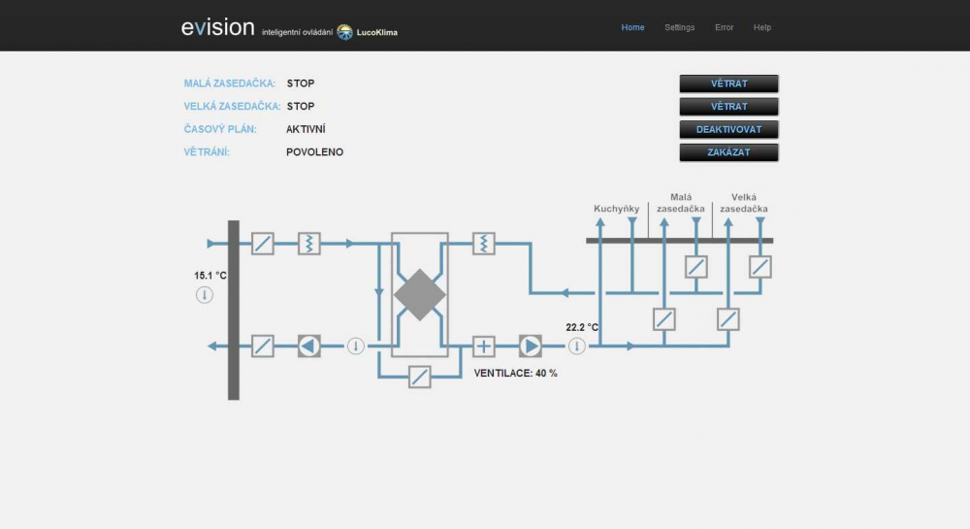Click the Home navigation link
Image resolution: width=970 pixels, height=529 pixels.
(x=632, y=27)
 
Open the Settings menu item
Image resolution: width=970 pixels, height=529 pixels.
(x=679, y=27)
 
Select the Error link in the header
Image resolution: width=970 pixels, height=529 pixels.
(x=724, y=27)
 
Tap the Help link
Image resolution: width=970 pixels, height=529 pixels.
(x=762, y=27)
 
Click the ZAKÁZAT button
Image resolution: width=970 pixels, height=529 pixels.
(x=728, y=152)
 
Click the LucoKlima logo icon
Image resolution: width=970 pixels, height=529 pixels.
(x=344, y=32)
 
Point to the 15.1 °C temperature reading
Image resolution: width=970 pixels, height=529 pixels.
(x=210, y=276)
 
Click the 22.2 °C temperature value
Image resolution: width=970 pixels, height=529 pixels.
(x=582, y=327)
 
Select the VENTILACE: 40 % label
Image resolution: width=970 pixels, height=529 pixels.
(x=515, y=373)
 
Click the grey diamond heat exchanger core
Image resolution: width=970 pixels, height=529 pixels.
(x=419, y=294)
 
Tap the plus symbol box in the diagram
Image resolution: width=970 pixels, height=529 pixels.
(x=484, y=346)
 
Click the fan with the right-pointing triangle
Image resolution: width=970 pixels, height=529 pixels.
(x=531, y=346)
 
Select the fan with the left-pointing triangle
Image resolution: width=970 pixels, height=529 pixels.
(x=309, y=346)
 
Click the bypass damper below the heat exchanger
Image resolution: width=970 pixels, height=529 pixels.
(x=419, y=377)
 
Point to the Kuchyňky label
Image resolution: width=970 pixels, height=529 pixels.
(x=616, y=209)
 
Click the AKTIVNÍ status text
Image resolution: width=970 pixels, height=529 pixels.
(x=306, y=129)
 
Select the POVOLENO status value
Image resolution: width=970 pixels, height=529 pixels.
(x=314, y=152)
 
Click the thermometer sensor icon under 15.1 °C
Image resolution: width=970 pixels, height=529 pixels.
(x=204, y=294)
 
